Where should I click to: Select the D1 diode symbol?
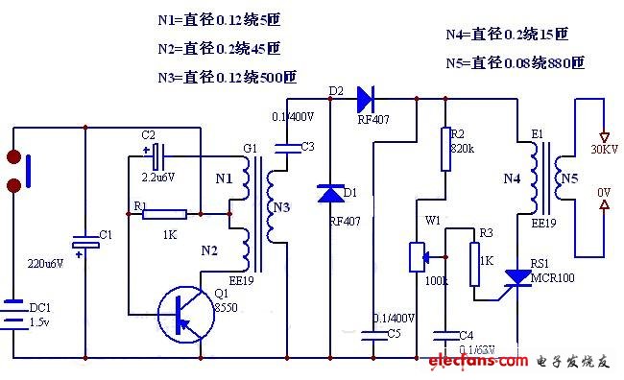click(330, 195)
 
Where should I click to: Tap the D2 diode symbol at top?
click(365, 97)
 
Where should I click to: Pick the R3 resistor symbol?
click(473, 264)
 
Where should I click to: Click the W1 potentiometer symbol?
click(417, 258)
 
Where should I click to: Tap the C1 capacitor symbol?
click(84, 246)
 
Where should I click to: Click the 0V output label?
click(603, 192)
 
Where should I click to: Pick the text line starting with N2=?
click(219, 47)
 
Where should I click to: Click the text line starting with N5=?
click(515, 63)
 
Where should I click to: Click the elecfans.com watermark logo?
click(479, 362)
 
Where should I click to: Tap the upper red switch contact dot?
click(13, 156)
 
